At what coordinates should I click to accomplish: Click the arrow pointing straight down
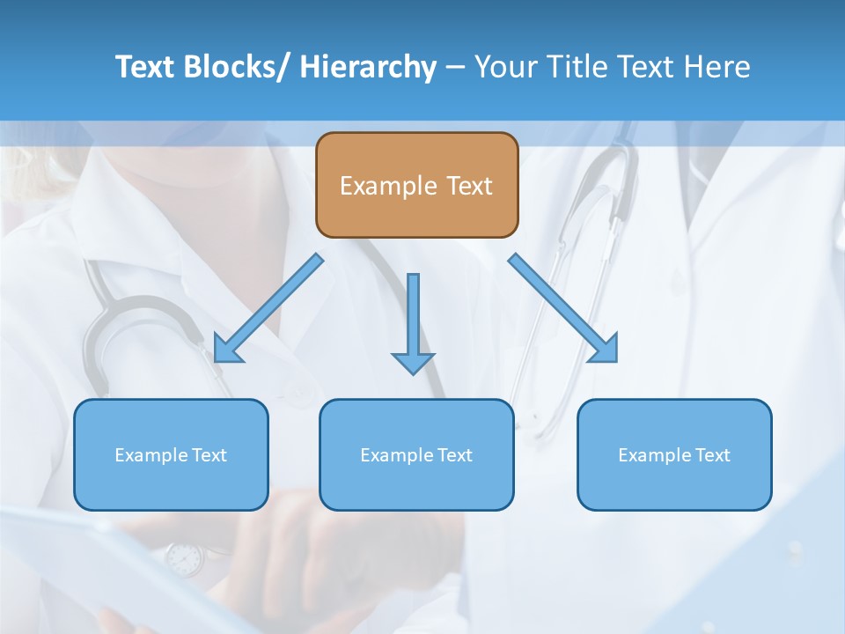(413, 317)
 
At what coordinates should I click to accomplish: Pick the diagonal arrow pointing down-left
(268, 308)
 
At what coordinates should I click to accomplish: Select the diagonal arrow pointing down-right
(563, 308)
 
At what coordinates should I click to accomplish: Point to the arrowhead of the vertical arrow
(413, 363)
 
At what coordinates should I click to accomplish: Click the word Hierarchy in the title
(368, 67)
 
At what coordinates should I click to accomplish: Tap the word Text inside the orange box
(467, 187)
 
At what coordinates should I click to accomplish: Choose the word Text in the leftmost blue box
(209, 455)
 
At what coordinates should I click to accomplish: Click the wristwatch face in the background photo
(184, 558)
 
